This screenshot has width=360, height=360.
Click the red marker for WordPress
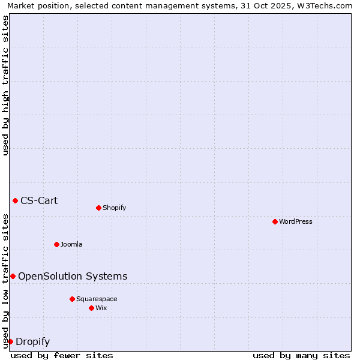click(275, 221)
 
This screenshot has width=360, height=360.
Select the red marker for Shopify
click(98, 208)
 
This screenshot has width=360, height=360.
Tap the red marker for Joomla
click(56, 244)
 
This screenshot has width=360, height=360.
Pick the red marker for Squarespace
click(72, 299)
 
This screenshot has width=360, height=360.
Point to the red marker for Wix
click(91, 308)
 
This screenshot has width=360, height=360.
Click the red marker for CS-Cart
click(15, 200)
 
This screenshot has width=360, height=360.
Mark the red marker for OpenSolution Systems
click(13, 276)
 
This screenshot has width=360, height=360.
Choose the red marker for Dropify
click(10, 341)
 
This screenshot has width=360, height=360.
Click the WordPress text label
click(296, 221)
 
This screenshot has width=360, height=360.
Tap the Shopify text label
click(114, 208)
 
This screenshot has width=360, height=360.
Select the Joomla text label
click(71, 244)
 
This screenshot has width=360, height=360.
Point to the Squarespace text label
click(97, 299)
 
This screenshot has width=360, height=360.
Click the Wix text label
click(101, 308)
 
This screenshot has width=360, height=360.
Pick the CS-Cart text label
click(39, 200)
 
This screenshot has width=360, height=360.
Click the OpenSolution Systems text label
click(73, 276)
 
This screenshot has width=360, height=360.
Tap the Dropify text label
click(32, 342)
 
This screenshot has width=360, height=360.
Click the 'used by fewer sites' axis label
click(62, 355)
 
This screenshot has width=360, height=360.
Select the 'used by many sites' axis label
click(301, 355)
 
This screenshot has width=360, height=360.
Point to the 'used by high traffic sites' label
click(5, 85)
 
